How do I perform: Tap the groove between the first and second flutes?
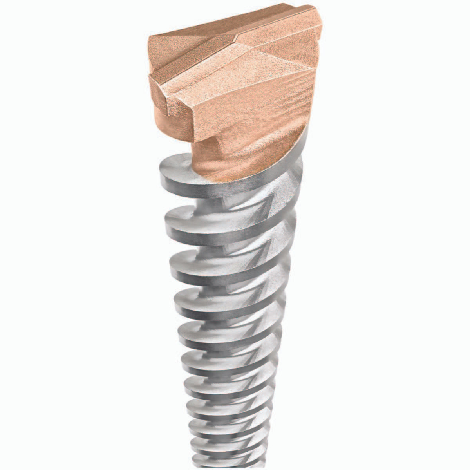(235, 204)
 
